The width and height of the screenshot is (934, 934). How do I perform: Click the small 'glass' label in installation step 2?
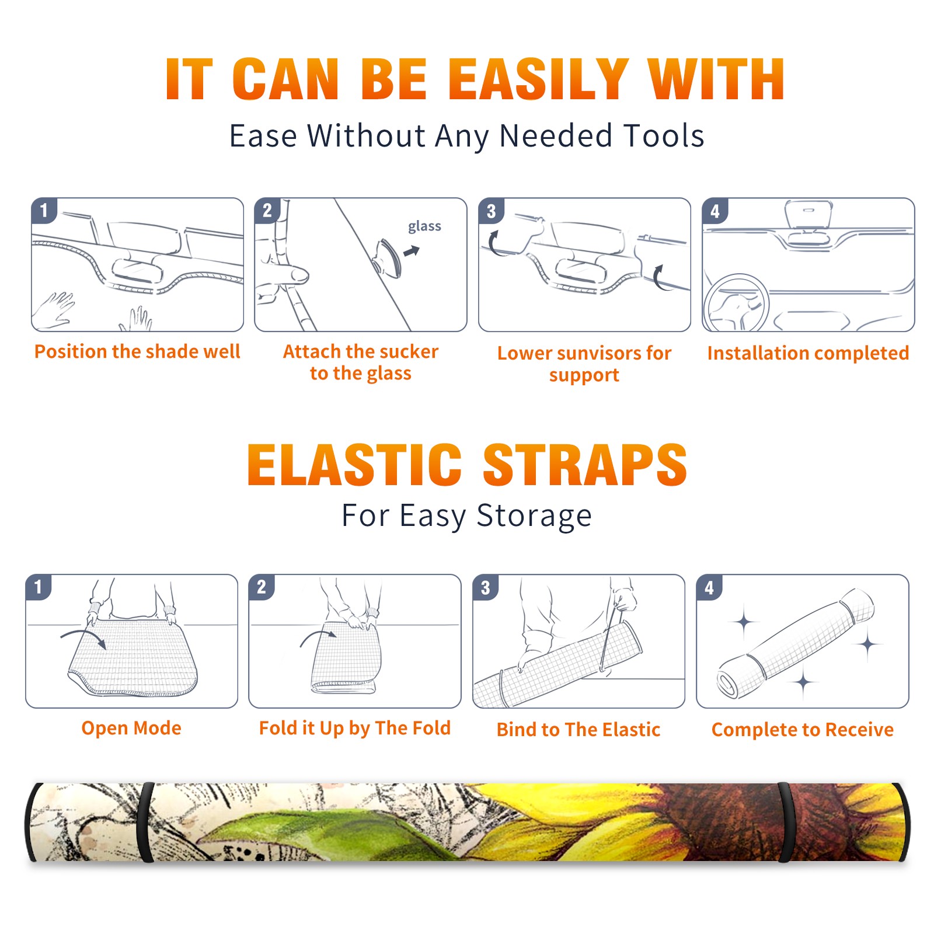[x=424, y=226]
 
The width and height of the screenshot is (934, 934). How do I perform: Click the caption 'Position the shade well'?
[x=137, y=351]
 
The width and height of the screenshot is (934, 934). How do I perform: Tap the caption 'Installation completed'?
[x=808, y=353]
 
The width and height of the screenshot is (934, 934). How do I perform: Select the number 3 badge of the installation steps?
[x=491, y=211]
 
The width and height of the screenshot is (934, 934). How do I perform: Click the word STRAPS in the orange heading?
[x=585, y=465]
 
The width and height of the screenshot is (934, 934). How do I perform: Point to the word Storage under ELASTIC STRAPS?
[x=534, y=517]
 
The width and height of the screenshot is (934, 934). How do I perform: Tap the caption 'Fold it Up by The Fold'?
[x=355, y=728]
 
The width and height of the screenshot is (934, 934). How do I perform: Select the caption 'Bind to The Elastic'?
[x=578, y=730]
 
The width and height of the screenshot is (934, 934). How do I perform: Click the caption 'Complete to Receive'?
[x=803, y=730]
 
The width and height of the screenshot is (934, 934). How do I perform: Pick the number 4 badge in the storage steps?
[x=709, y=587]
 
